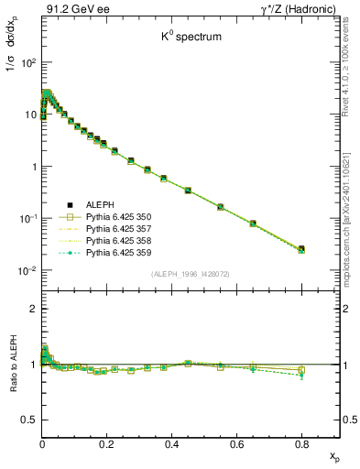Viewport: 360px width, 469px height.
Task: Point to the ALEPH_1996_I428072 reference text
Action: coord(191,274)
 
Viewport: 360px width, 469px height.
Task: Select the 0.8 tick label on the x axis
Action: coord(301,443)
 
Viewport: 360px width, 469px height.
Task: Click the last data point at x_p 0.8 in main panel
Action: coord(302,248)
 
